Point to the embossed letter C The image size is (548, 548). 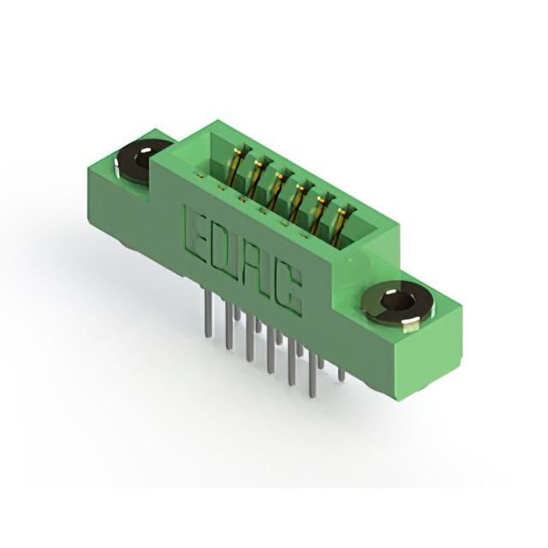pos(288,291)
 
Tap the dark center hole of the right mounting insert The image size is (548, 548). pos(397,302)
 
